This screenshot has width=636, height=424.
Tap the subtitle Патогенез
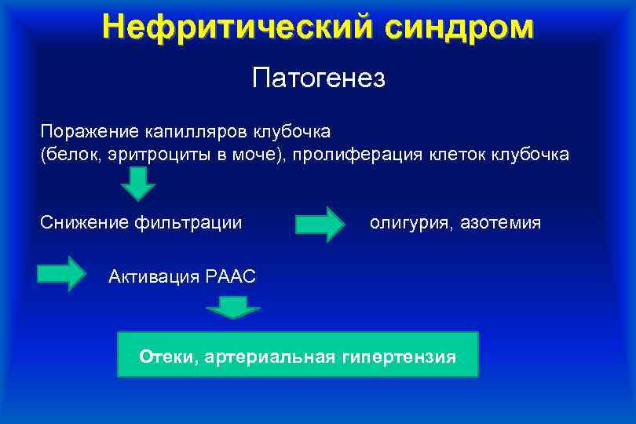[318, 79]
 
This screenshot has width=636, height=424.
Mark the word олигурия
[408, 223]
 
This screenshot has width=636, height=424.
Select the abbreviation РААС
[231, 276]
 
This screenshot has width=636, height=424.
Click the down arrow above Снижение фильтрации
[138, 185]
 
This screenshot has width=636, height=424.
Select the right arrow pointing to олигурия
[320, 225]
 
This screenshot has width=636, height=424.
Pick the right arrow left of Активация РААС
[62, 273]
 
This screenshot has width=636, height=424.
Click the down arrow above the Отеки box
[232, 308]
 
